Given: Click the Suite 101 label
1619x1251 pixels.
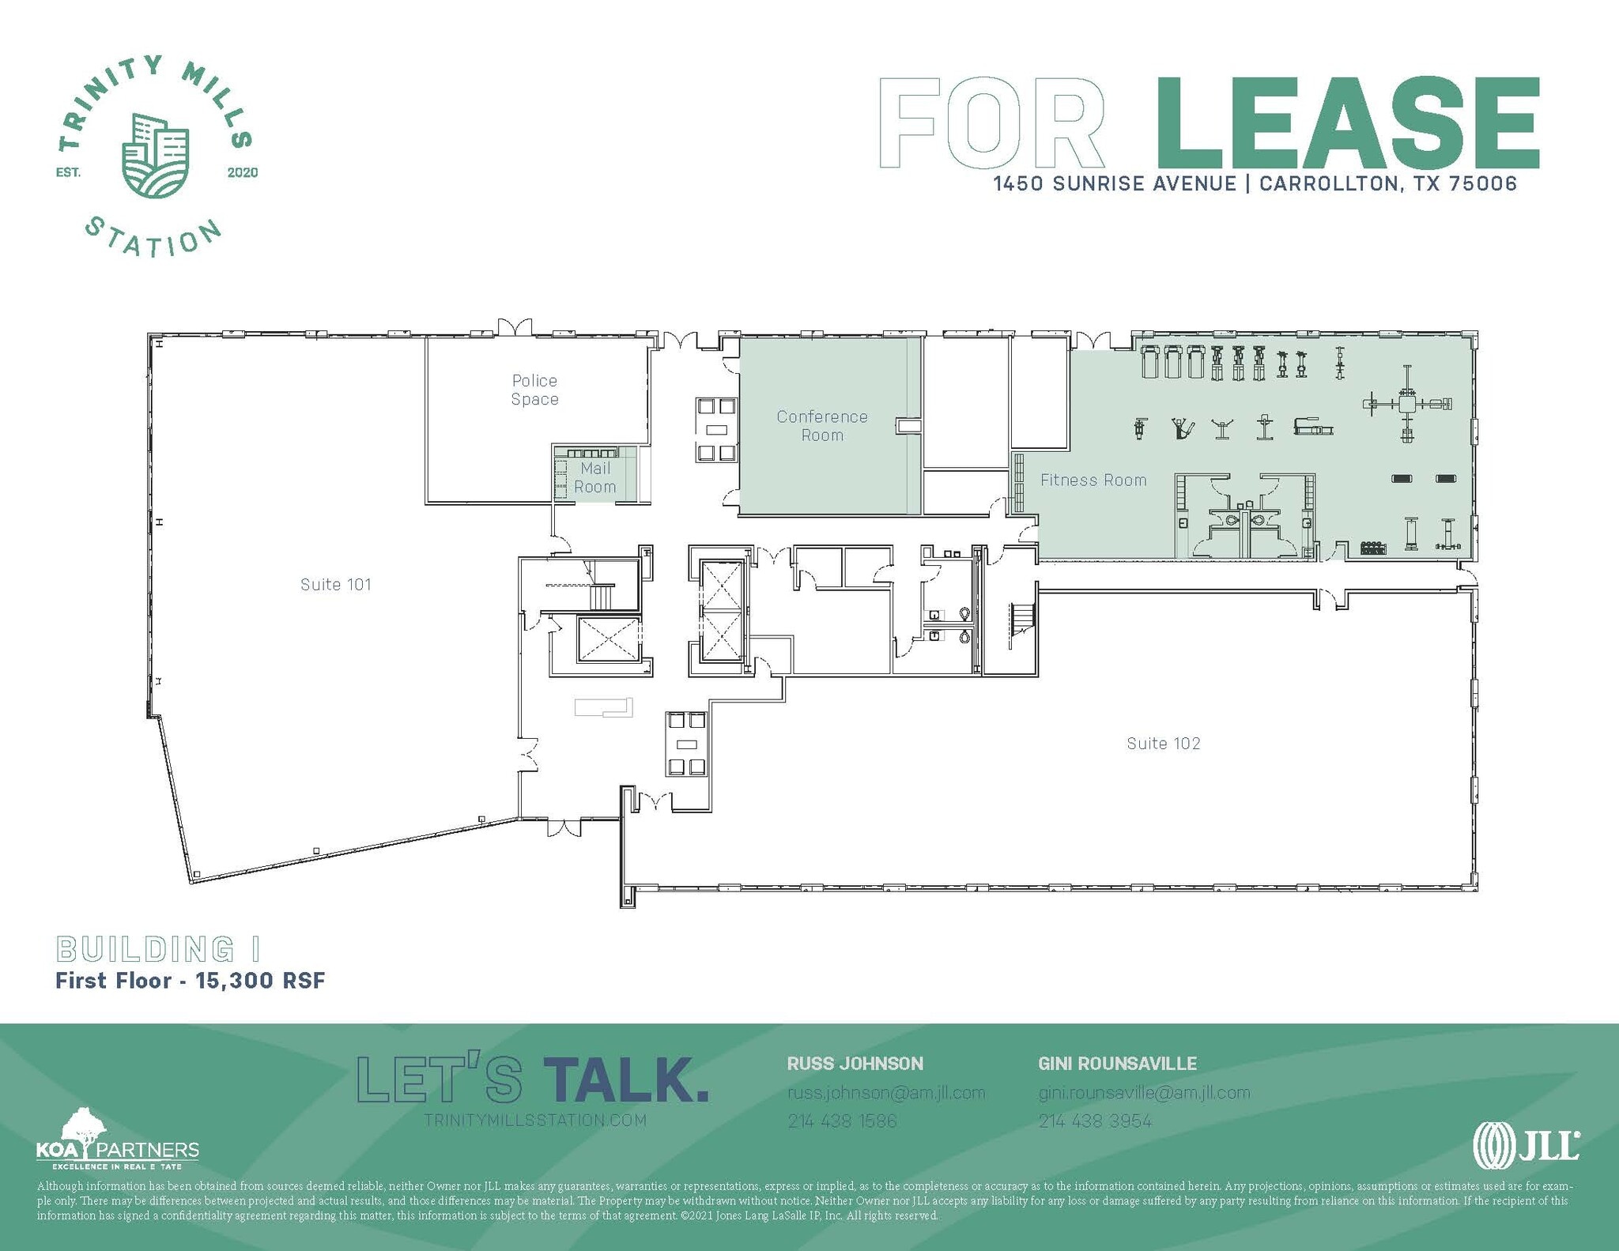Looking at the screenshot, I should pos(335,585).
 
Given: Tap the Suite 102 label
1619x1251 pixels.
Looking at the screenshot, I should pos(1163,744).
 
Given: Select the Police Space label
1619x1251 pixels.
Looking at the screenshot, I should pos(534,390).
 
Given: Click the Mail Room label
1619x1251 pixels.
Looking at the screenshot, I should pos(595,478).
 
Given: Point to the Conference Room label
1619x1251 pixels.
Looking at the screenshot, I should pos(822,426).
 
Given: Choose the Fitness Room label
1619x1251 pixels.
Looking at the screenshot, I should pos(1093,480).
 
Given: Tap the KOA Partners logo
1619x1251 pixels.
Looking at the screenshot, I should pos(117,1142).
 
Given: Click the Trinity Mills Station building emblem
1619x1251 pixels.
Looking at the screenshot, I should pos(156,156).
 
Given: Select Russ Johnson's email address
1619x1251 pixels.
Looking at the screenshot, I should pos(885,1093).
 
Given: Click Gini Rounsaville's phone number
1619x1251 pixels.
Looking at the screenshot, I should pos(1095,1121).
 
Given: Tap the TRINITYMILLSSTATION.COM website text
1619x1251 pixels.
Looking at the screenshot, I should pos(535,1121).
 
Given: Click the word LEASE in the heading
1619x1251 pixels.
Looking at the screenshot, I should pos(1346,124).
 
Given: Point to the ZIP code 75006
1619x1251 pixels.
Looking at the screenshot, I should pos(1483,184).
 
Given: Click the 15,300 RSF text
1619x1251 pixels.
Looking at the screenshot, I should pos(260,981).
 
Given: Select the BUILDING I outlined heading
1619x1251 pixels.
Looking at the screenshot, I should pos(158,949).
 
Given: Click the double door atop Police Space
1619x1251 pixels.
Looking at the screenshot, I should pos(514,327).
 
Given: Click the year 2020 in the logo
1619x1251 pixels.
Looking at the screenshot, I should pos(242,173).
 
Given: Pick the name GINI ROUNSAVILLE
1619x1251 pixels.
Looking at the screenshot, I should pos(1117,1064).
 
